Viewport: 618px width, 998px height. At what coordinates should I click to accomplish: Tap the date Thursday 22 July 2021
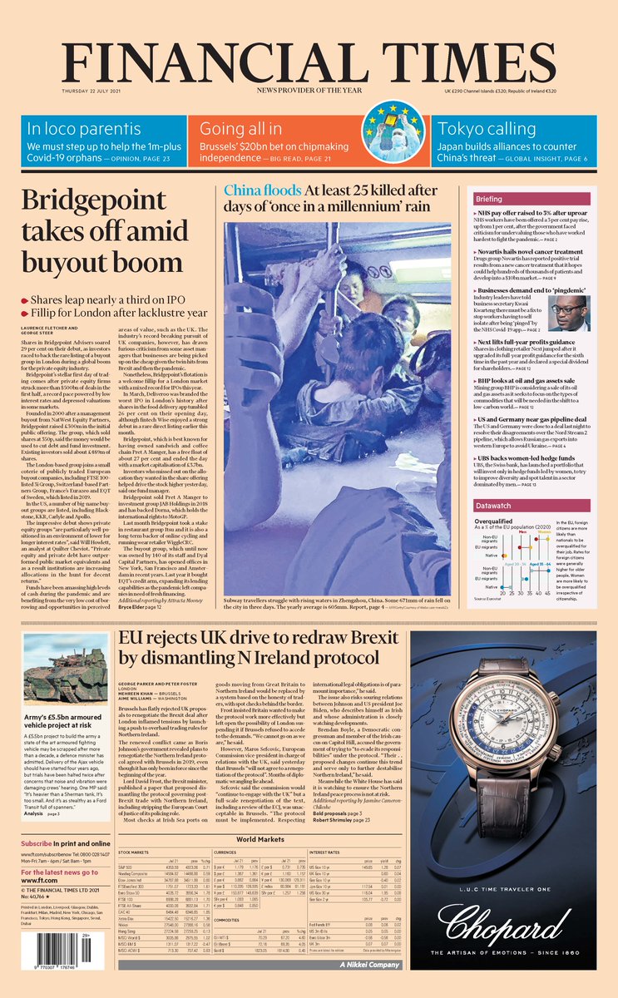coord(93,91)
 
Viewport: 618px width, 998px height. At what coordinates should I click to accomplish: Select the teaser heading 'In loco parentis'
coord(83,129)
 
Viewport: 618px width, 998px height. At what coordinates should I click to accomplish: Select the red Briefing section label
coord(489,200)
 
